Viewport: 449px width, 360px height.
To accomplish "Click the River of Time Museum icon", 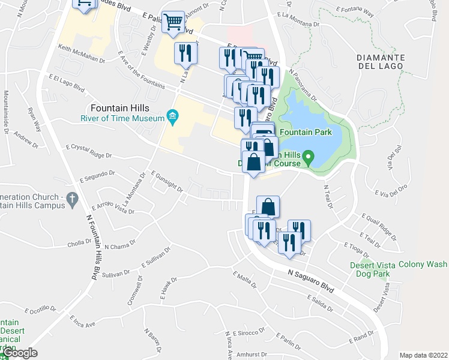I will (173, 118).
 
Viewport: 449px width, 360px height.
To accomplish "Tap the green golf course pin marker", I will (309, 159).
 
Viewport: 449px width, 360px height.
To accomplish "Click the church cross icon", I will (71, 198).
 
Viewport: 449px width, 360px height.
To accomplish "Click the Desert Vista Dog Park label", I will (370, 269).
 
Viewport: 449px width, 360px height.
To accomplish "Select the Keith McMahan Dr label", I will (82, 53).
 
